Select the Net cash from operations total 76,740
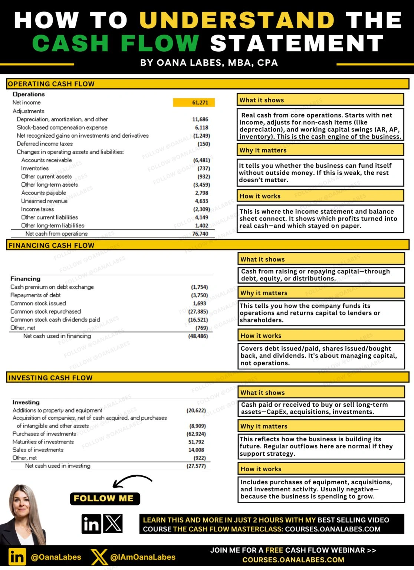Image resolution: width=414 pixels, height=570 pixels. (x=200, y=234)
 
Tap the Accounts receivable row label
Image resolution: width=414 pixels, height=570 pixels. (x=46, y=160)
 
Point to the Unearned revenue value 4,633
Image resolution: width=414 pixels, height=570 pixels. (x=202, y=201)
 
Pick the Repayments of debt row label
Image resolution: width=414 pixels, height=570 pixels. (x=35, y=295)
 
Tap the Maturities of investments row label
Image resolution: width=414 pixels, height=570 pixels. (x=43, y=442)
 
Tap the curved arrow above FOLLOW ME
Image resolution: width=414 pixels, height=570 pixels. (x=132, y=480)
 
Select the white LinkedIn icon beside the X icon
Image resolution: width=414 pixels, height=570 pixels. (x=91, y=524)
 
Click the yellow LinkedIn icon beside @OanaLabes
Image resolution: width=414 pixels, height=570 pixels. (x=17, y=557)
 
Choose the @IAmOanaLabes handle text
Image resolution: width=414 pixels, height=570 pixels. (x=143, y=557)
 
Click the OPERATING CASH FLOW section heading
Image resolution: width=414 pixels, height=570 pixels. (x=51, y=84)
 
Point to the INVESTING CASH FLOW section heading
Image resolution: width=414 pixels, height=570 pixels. (x=50, y=378)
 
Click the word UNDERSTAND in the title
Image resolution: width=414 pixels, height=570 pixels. (x=237, y=20)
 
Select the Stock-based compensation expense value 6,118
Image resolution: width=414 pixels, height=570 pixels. (x=202, y=128)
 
